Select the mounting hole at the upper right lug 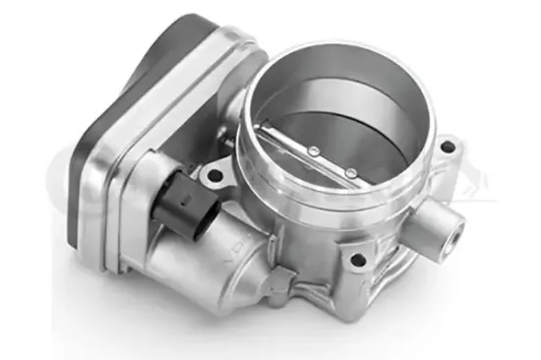(x=449, y=149)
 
